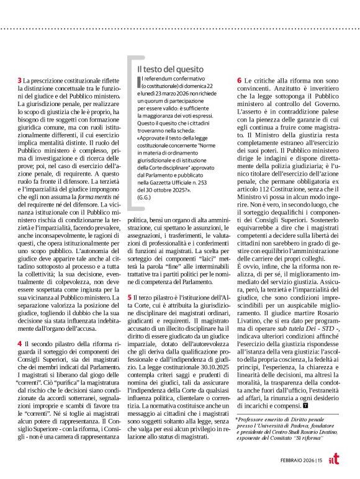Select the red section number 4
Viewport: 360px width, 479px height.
coord(19,343)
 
